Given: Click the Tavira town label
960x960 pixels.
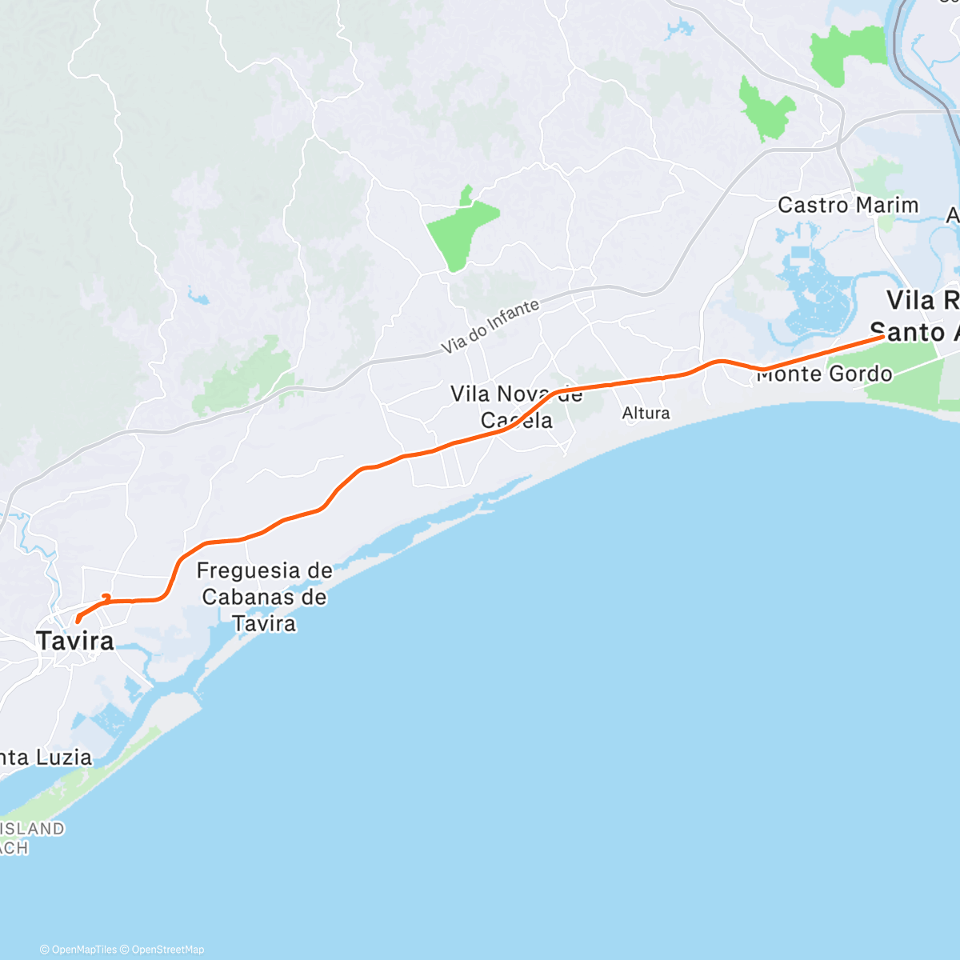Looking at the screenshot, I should coord(74,641).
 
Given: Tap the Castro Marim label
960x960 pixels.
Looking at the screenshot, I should coord(847,206).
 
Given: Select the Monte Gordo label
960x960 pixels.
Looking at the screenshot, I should coord(824,374).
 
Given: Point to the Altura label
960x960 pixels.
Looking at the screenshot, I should coord(646,414).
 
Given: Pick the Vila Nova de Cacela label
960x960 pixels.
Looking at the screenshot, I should coord(516,407).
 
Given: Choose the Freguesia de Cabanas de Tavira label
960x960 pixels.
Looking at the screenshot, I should coord(264,597).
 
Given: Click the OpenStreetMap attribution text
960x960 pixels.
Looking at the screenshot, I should coord(167,950).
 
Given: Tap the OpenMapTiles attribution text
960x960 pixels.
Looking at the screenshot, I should coord(84,950).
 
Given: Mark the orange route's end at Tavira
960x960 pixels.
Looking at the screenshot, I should coord(77,620).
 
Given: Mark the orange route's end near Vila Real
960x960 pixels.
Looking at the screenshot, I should coord(882,337).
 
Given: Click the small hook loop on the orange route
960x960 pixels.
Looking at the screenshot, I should coord(106,597).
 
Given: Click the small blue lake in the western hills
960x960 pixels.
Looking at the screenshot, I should coord(198,298).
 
